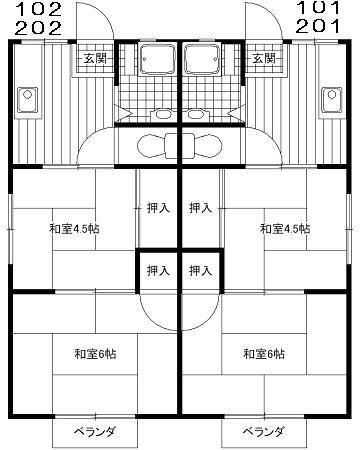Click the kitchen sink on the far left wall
[27, 100]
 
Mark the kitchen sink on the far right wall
[332, 100]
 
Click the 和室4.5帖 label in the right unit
[285, 229]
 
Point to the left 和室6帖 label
[95, 354]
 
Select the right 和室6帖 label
[263, 354]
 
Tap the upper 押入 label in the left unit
[158, 209]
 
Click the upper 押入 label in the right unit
[201, 209]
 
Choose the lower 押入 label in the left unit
[158, 270]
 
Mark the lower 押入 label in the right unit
[201, 270]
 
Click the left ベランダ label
[96, 432]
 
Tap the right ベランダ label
[264, 432]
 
